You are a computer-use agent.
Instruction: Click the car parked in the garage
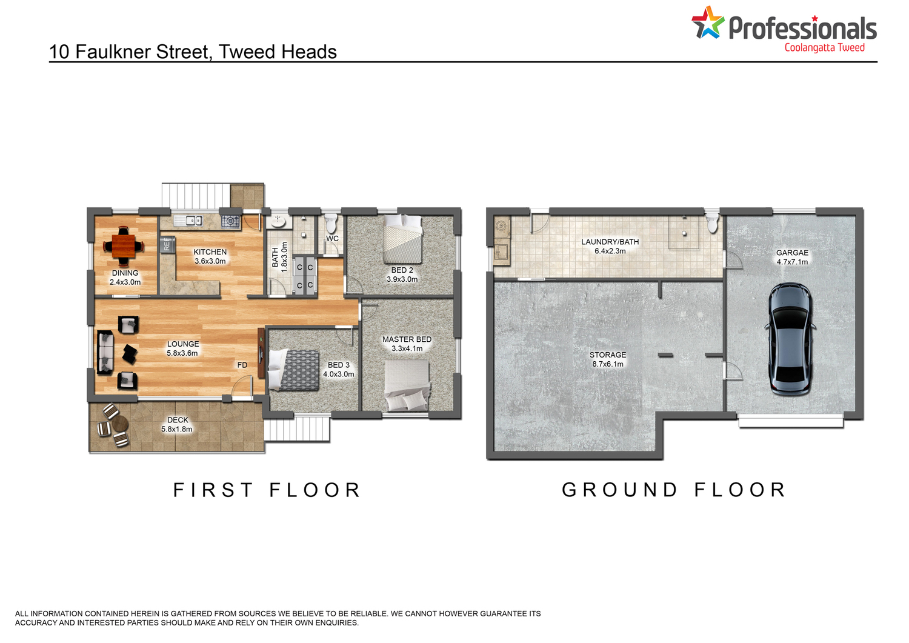[x=790, y=339]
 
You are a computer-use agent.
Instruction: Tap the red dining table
[x=124, y=245]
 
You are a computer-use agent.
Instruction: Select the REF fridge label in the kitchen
[x=167, y=244]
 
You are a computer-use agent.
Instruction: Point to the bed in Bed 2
[x=402, y=239]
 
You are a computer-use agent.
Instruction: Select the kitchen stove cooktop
[x=230, y=221]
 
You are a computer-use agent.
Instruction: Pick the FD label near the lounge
[x=242, y=365]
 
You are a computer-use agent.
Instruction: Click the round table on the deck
[x=120, y=424]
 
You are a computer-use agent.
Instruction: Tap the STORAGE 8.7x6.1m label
[x=607, y=359]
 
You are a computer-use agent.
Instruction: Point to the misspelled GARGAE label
[x=792, y=253]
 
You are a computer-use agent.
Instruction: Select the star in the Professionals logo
[x=708, y=22]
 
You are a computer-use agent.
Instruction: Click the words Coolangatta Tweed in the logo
[x=825, y=48]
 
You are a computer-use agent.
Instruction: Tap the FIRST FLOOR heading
[x=267, y=490]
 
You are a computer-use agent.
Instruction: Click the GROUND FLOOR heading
[x=674, y=490]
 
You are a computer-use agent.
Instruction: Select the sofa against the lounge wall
[x=105, y=352]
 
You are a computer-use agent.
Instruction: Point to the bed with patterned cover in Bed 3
[x=293, y=370]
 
